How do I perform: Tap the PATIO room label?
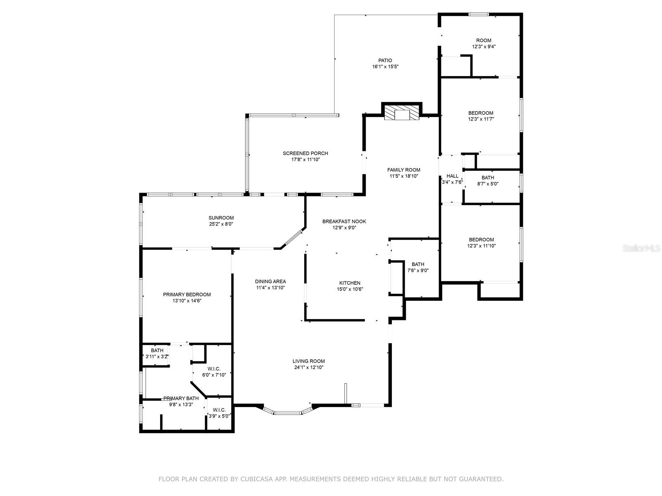385,61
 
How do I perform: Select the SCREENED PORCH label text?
305,153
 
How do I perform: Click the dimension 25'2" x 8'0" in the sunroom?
221,224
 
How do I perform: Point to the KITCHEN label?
350,283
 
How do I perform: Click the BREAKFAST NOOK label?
344,222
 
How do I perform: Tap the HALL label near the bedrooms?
452,176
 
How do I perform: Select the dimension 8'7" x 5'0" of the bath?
487,184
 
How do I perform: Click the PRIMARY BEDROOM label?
187,295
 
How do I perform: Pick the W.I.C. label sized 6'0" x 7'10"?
214,369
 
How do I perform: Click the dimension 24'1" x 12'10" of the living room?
309,367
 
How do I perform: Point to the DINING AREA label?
270,281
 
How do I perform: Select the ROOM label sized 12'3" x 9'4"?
483,41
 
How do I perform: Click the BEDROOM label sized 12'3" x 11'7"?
480,113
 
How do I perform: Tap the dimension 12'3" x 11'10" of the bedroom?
481,246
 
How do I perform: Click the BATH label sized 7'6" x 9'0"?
418,265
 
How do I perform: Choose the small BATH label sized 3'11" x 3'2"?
157,351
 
